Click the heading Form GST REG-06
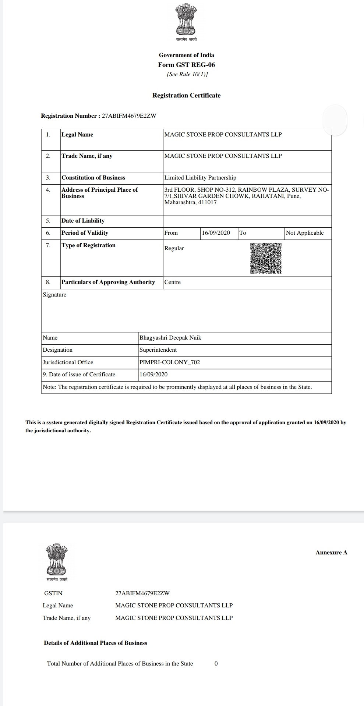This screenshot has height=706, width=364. coord(186,65)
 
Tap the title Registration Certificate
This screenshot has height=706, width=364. coord(186,95)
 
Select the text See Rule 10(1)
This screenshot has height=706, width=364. coord(187,74)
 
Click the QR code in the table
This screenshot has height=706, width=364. coord(266,258)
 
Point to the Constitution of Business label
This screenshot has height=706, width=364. coord(93,178)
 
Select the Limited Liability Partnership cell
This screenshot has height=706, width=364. coord(200,178)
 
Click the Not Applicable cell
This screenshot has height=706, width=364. coord(305,233)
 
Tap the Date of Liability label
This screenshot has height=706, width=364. coord(83,221)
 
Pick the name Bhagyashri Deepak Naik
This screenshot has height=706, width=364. coord(170,338)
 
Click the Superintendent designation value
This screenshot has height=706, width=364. coord(158,350)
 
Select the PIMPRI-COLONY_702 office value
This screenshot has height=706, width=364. coord(170,362)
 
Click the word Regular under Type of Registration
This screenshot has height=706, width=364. coord(174,248)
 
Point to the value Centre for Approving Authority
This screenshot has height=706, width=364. coord(172,282)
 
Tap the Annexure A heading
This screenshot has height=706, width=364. coord(331,553)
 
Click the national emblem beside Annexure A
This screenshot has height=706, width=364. coord(57,560)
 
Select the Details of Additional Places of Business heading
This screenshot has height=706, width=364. coord(95,643)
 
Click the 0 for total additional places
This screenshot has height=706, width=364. coord(216,664)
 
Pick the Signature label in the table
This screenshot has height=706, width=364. coord(54,295)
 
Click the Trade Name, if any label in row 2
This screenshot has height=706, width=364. coord(87,156)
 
